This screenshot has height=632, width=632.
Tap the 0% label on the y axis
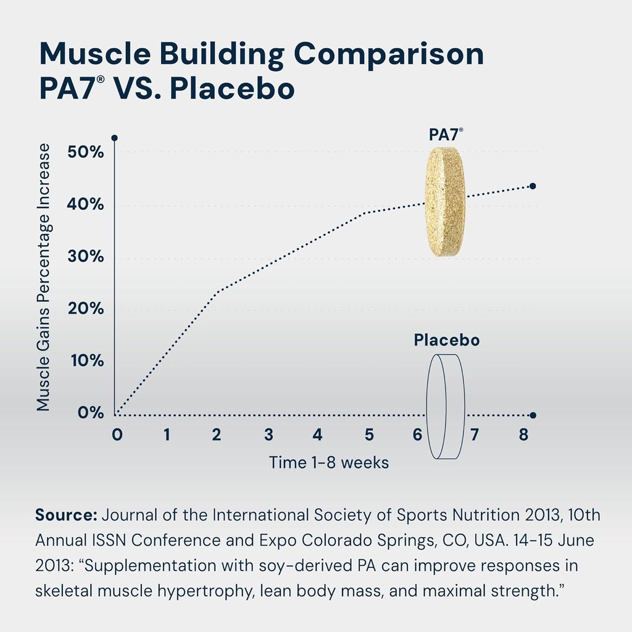pyautogui.click(x=91, y=413)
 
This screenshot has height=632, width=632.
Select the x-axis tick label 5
pyautogui.click(x=369, y=435)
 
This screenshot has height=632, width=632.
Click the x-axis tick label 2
pyautogui.click(x=216, y=435)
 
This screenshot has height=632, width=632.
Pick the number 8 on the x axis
pyautogui.click(x=523, y=435)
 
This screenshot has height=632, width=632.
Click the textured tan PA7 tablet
pyautogui.click(x=445, y=202)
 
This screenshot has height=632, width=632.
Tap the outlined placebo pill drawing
pyautogui.click(x=446, y=407)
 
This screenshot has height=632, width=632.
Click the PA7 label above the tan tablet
pyautogui.click(x=446, y=135)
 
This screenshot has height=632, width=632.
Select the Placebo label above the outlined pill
pyautogui.click(x=446, y=340)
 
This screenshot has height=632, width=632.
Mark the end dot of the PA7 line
pyautogui.click(x=533, y=186)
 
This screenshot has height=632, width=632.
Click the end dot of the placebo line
pyautogui.click(x=533, y=415)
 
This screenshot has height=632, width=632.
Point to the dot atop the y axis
pyautogui.click(x=114, y=138)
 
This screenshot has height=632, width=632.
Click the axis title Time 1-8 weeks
pyautogui.click(x=329, y=462)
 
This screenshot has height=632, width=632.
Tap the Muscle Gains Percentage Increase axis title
pyautogui.click(x=43, y=277)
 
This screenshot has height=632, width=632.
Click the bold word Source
pyautogui.click(x=66, y=515)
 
